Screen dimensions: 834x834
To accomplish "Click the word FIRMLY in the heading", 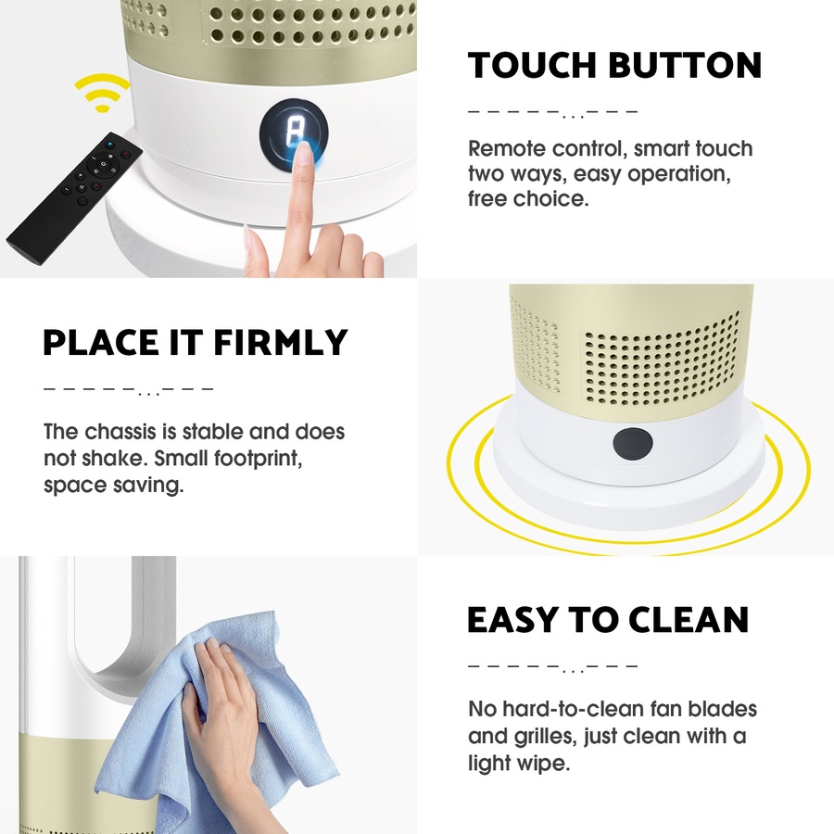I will [x=281, y=343].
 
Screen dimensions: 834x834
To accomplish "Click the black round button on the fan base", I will [x=632, y=444].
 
